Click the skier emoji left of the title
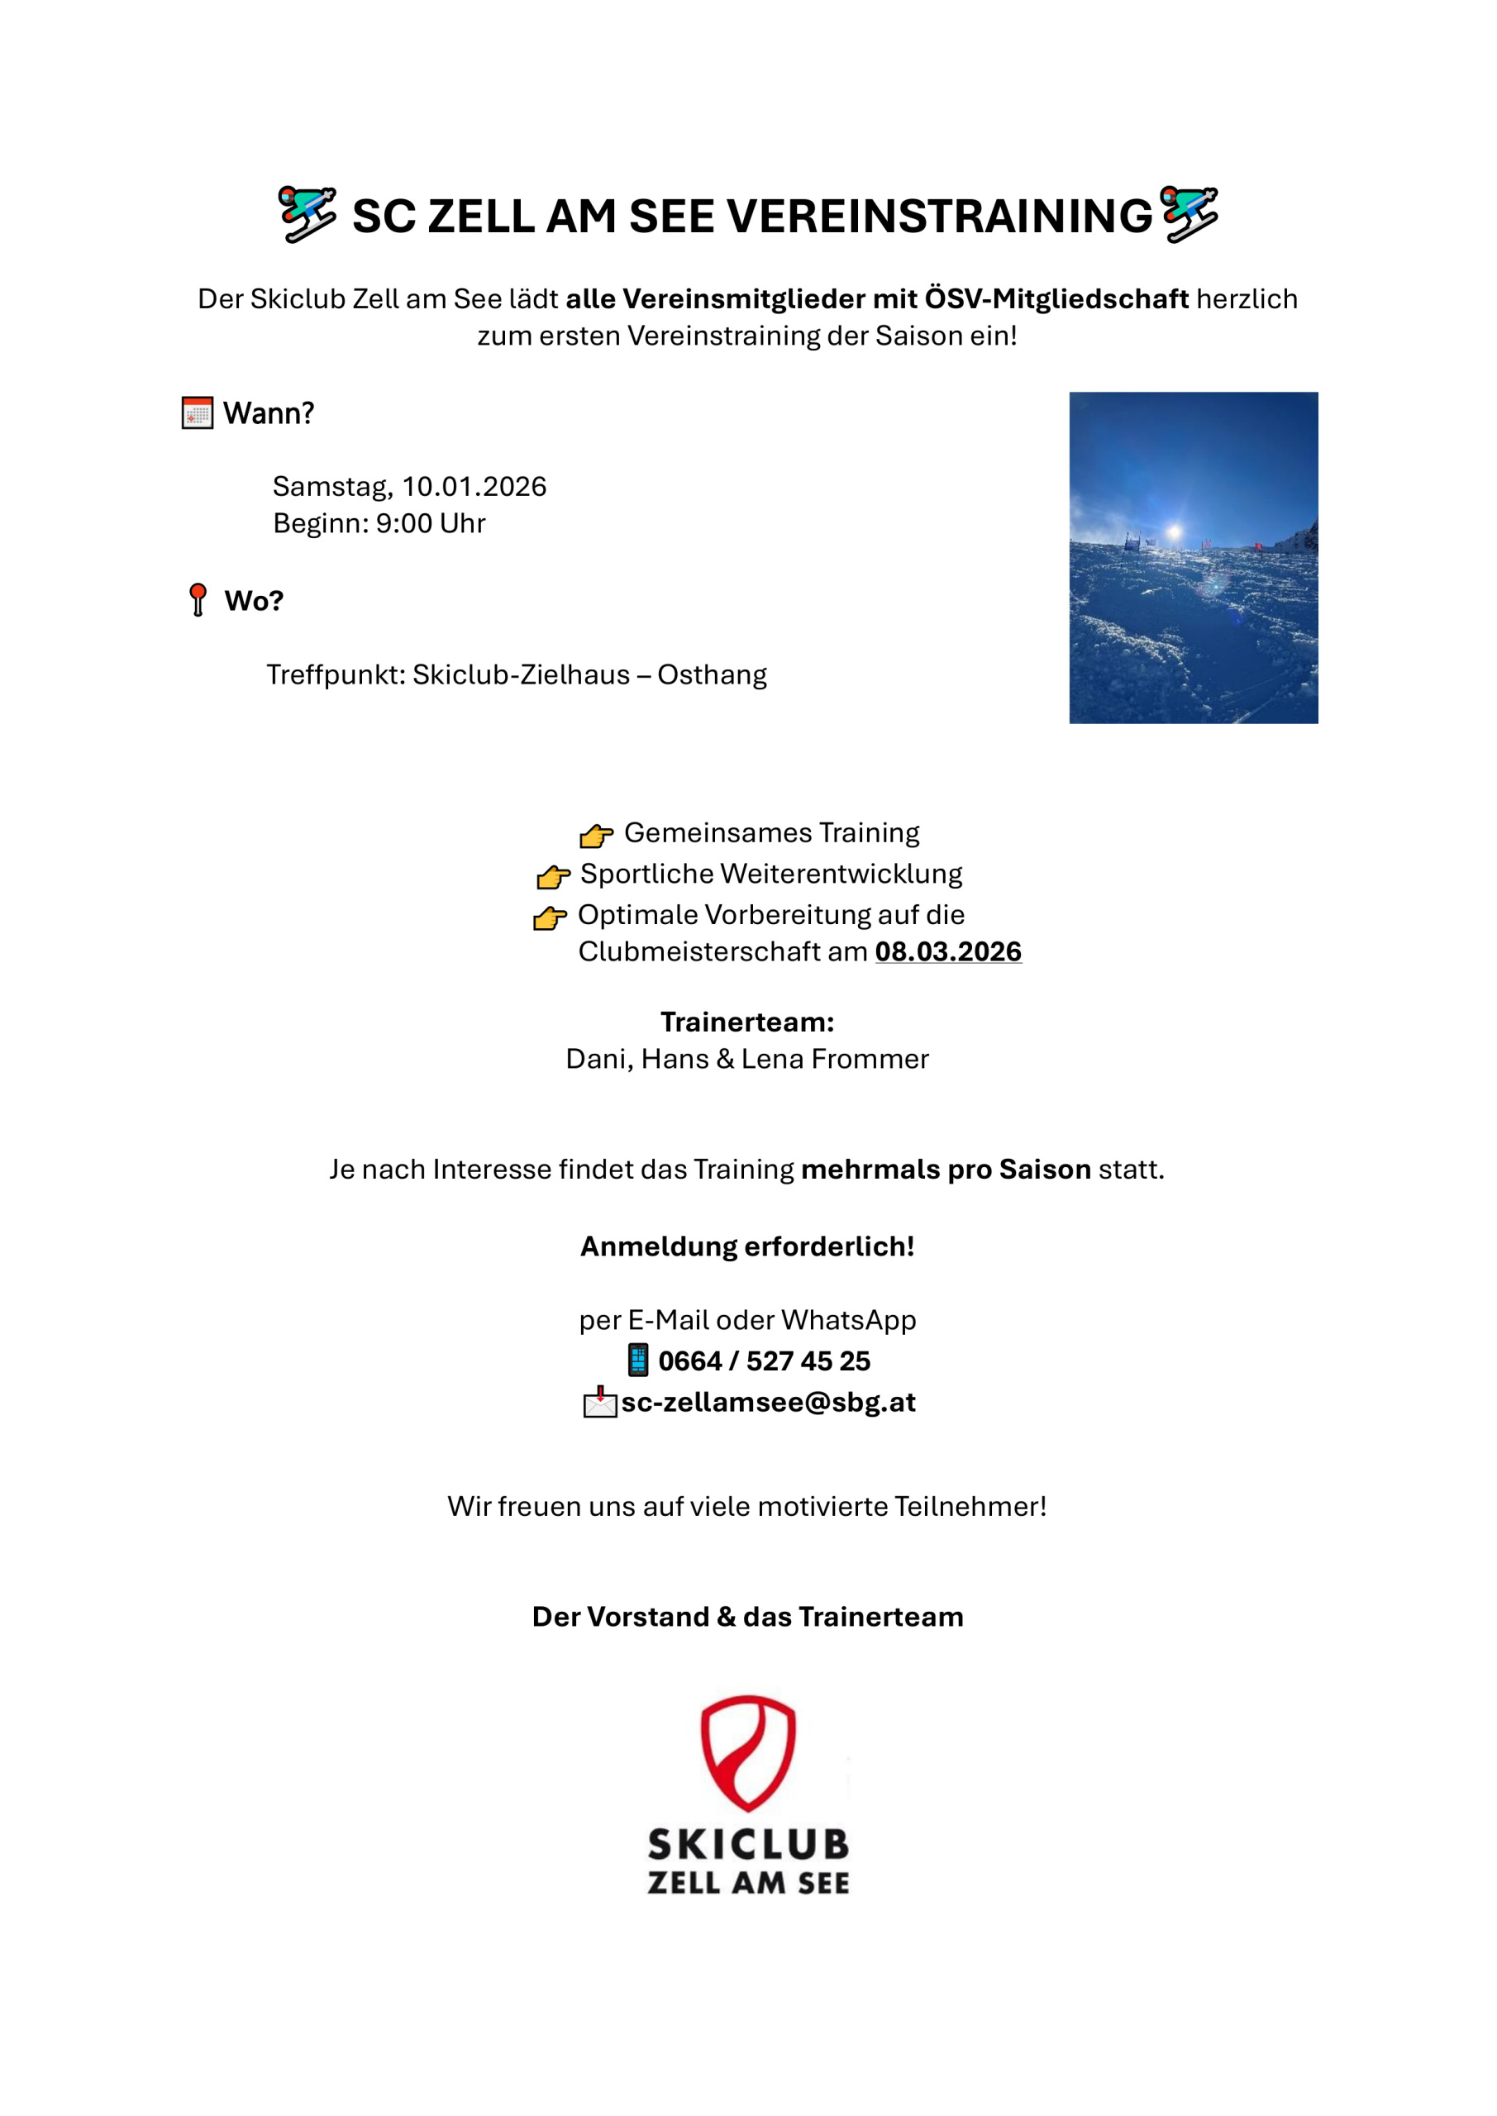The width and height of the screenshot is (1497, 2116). coord(307,214)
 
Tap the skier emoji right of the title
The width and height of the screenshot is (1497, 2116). coord(1189,214)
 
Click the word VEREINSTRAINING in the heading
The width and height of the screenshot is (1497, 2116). coord(939,217)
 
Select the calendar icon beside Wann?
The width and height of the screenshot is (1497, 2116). coord(198,413)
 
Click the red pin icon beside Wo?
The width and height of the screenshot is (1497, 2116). coord(198,599)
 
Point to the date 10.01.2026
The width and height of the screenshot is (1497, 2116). coord(474,487)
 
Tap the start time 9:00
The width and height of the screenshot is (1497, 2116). coord(403,523)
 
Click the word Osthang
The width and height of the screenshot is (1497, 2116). coord(712,674)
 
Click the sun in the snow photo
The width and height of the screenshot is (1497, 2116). coord(1175,531)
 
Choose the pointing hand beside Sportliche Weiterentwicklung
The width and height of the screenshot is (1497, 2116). coord(553,876)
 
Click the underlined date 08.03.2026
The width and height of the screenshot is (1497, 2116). coord(947,951)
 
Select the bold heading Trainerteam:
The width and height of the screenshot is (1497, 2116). coord(746,1022)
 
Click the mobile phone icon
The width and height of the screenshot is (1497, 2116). coord(638,1361)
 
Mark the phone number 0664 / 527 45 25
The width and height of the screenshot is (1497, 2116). coord(763,1361)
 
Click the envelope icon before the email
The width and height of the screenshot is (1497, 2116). coord(600,1402)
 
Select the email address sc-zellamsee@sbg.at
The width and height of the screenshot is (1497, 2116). coord(768,1402)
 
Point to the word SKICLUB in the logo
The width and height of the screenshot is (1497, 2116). coord(747,1844)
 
